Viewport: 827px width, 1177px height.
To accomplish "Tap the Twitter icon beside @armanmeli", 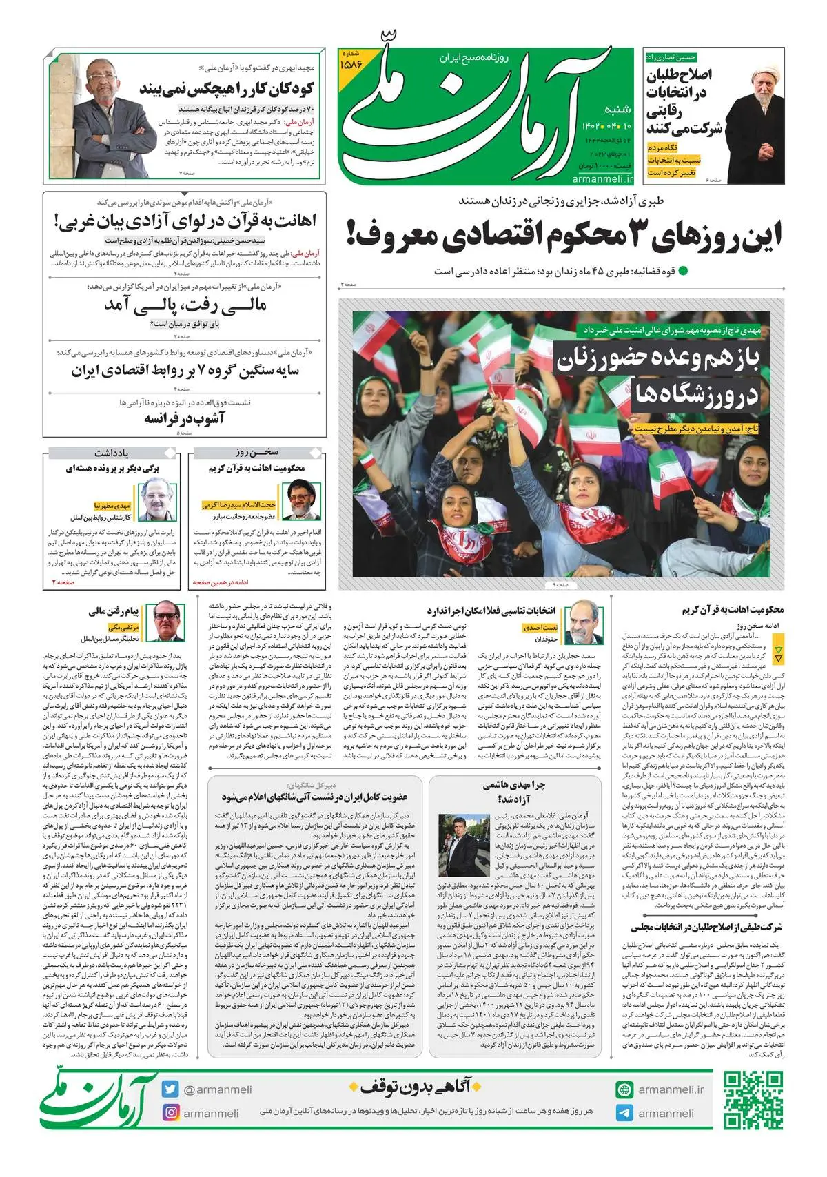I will point(170,1090).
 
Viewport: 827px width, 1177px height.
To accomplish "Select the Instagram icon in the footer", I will point(170,1112).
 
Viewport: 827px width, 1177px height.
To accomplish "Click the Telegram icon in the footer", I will point(624,1112).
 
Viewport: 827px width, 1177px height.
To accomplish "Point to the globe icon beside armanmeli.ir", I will point(624,1090).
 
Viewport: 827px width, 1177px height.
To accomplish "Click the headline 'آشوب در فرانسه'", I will point(184,418).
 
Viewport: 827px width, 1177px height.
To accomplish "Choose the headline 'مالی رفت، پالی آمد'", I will point(185,305).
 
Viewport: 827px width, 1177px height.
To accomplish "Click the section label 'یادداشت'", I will point(111,453).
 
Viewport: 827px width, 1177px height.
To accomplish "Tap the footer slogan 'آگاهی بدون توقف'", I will point(414,1087).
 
